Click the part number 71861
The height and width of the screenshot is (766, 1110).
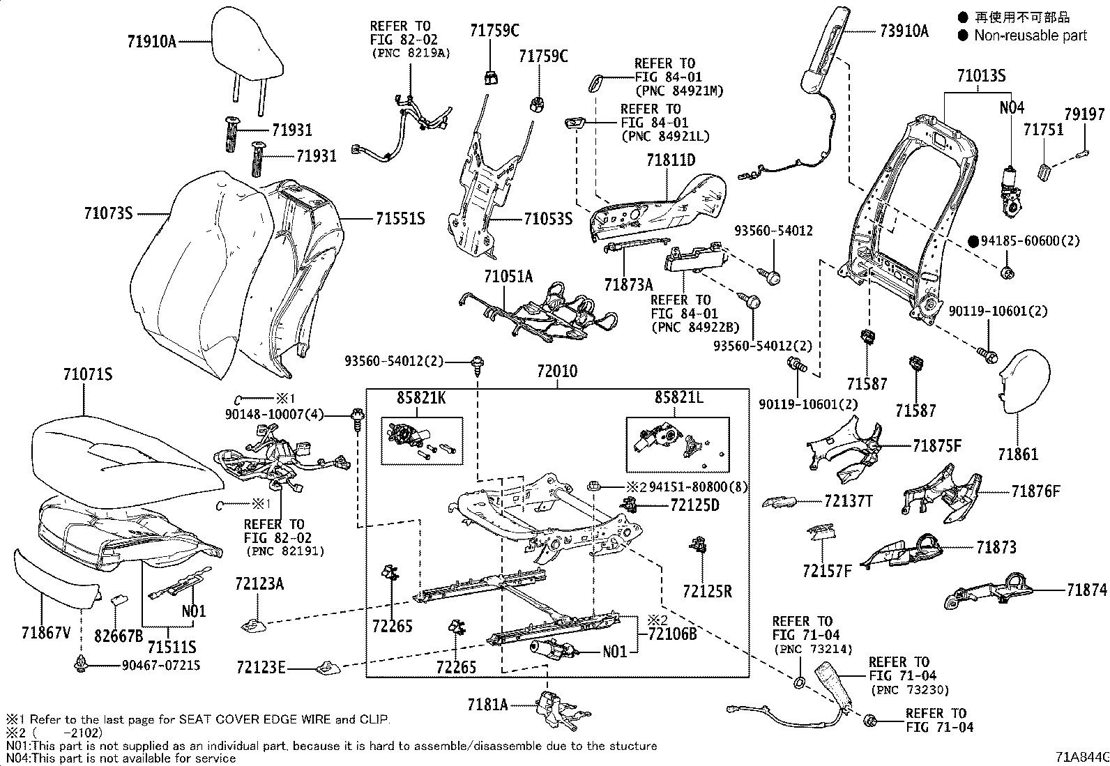1017,454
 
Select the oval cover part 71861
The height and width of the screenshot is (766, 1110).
1025,380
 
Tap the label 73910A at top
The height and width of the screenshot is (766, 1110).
904,31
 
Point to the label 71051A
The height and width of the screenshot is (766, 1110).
508,277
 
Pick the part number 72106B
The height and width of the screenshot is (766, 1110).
672,634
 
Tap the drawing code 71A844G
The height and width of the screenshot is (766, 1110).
1081,756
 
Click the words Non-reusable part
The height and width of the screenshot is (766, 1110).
1030,36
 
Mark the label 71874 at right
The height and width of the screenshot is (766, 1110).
1086,590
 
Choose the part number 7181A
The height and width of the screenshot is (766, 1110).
487,704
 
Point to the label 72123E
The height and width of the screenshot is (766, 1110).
260,669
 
